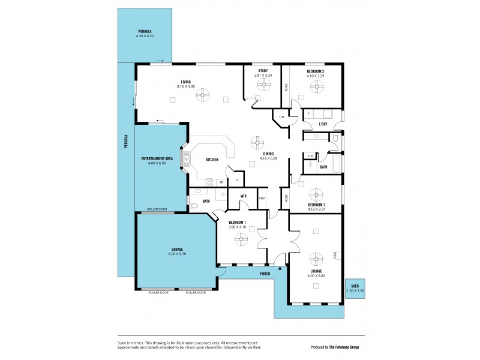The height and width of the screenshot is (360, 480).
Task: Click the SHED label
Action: (x=355, y=286)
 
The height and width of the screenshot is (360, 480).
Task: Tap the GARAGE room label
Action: (x=176, y=249)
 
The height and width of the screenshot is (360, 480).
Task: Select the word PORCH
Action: (x=265, y=274)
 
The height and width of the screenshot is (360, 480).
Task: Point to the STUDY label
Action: (x=263, y=71)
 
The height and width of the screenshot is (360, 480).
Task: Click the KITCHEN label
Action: (x=212, y=160)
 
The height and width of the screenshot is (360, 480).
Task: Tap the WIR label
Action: (x=244, y=196)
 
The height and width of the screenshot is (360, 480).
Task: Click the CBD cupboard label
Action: (x=262, y=198)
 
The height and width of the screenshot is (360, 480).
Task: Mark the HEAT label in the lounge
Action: (x=335, y=255)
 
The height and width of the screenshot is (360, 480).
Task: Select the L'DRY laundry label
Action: (x=323, y=124)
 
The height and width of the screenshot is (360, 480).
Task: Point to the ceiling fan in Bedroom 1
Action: (x=241, y=239)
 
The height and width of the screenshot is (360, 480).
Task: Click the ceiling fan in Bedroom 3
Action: (x=316, y=86)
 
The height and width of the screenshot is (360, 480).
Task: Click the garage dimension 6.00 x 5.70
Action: (x=176, y=254)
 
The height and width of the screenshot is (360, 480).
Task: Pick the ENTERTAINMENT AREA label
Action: (x=157, y=158)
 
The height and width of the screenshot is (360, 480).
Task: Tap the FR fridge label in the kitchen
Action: (x=221, y=182)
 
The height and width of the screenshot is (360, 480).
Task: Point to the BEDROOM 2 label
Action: (x=316, y=205)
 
